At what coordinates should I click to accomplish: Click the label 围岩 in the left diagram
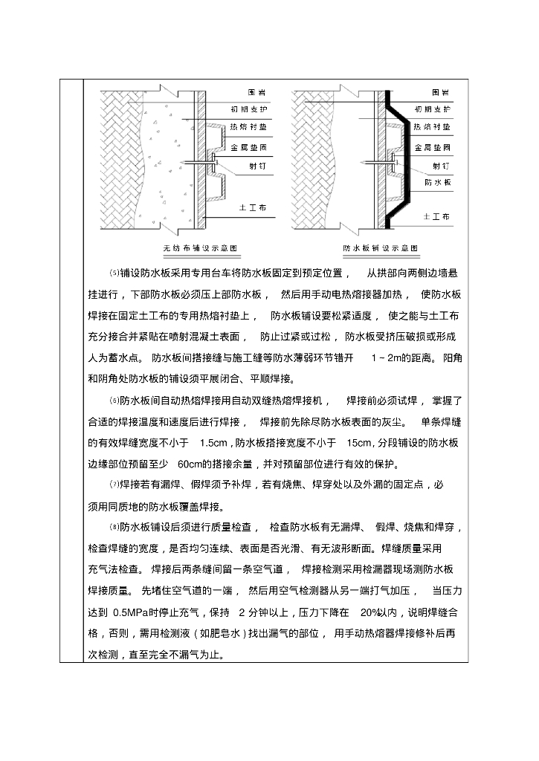[256, 93]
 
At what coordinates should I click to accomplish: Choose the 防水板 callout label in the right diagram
[436, 181]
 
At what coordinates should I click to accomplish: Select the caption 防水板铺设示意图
[380, 247]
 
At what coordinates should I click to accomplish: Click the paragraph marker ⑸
[114, 274]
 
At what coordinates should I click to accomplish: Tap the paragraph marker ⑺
[114, 486]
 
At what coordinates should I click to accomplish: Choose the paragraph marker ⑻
[114, 528]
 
